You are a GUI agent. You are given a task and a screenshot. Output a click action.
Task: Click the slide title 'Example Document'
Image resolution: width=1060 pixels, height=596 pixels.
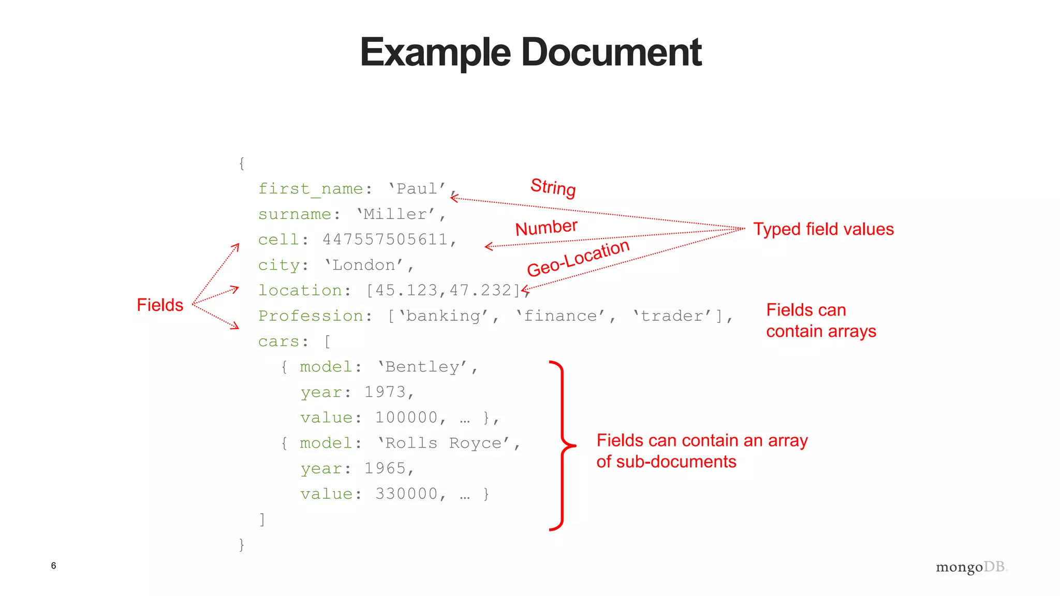pyautogui.click(x=531, y=52)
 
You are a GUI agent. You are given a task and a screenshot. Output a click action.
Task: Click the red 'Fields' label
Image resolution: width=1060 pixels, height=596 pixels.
pyautogui.click(x=160, y=305)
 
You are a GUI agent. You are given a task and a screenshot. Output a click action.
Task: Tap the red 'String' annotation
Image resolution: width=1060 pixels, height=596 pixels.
pyautogui.click(x=553, y=187)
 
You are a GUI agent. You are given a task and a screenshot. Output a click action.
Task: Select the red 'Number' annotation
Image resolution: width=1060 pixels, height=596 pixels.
pyautogui.click(x=546, y=227)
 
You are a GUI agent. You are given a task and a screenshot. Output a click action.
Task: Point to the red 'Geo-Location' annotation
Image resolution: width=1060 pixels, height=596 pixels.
pyautogui.click(x=578, y=258)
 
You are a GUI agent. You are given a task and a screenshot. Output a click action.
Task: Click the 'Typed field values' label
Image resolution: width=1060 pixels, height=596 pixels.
pyautogui.click(x=823, y=229)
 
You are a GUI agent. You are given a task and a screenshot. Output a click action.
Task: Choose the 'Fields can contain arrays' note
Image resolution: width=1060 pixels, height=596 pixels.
pyautogui.click(x=821, y=320)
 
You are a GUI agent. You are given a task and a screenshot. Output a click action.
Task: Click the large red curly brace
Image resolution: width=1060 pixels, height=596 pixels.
pyautogui.click(x=562, y=445)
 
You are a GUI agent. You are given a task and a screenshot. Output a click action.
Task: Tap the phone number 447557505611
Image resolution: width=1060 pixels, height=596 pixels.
pyautogui.click(x=385, y=240)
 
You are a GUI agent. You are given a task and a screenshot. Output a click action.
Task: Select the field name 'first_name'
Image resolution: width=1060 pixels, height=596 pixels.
pyautogui.click(x=311, y=189)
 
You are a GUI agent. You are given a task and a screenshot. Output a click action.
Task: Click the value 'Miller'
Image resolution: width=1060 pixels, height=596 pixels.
pyautogui.click(x=396, y=214)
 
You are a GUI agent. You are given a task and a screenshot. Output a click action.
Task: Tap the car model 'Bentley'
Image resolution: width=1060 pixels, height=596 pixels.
pyautogui.click(x=422, y=367)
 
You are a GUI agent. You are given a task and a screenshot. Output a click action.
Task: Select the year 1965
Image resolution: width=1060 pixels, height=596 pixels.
pyautogui.click(x=385, y=469)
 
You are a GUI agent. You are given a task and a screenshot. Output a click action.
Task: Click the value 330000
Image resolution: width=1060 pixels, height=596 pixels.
pyautogui.click(x=406, y=494)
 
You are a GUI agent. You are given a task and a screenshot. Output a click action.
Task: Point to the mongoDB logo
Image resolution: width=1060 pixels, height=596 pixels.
pyautogui.click(x=971, y=567)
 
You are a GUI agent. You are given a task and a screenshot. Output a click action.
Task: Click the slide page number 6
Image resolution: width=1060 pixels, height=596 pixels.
pyautogui.click(x=53, y=565)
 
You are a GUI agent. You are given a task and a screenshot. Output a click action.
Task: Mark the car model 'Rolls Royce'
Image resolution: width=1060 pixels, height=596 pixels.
pyautogui.click(x=444, y=443)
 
